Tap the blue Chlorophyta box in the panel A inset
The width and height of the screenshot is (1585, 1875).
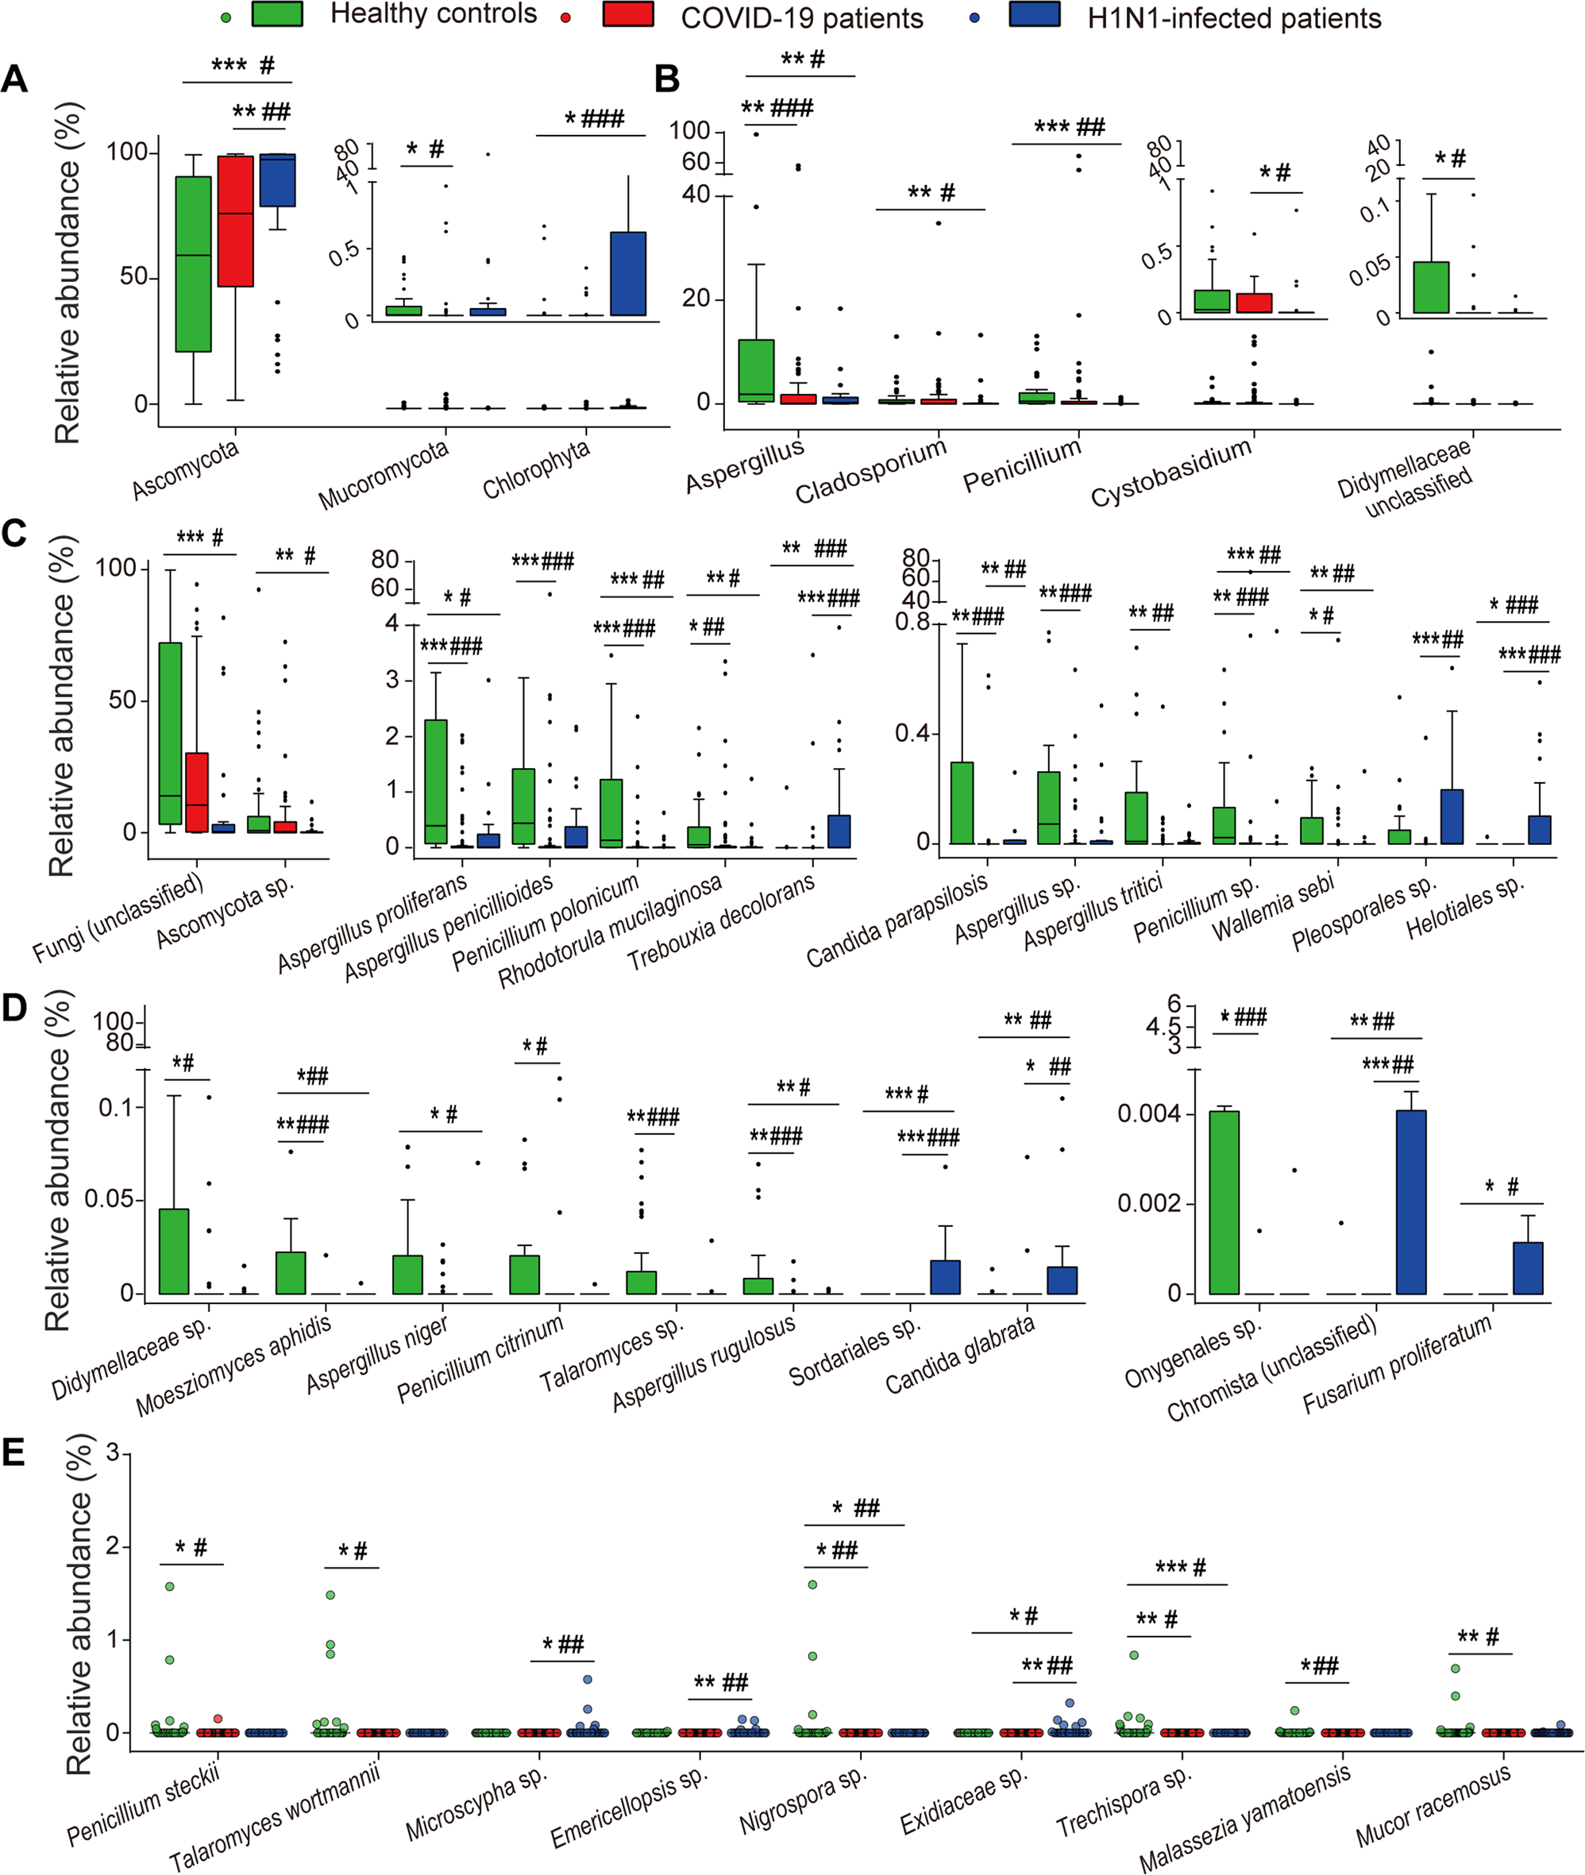pyautogui.click(x=628, y=273)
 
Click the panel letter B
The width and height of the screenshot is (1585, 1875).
pyautogui.click(x=667, y=79)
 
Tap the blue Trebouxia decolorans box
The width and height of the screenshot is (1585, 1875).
pyautogui.click(x=839, y=831)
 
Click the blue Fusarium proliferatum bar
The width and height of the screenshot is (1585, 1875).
pyautogui.click(x=1528, y=1267)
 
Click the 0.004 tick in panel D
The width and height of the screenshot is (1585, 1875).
pyautogui.click(x=1148, y=1114)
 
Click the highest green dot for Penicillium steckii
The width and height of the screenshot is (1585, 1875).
pyautogui.click(x=170, y=1587)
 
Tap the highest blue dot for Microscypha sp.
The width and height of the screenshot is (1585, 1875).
pyautogui.click(x=588, y=1679)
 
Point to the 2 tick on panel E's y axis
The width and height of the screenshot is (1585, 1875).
pyautogui.click(x=114, y=1547)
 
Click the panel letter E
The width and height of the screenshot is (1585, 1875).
pyautogui.click(x=13, y=1452)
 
